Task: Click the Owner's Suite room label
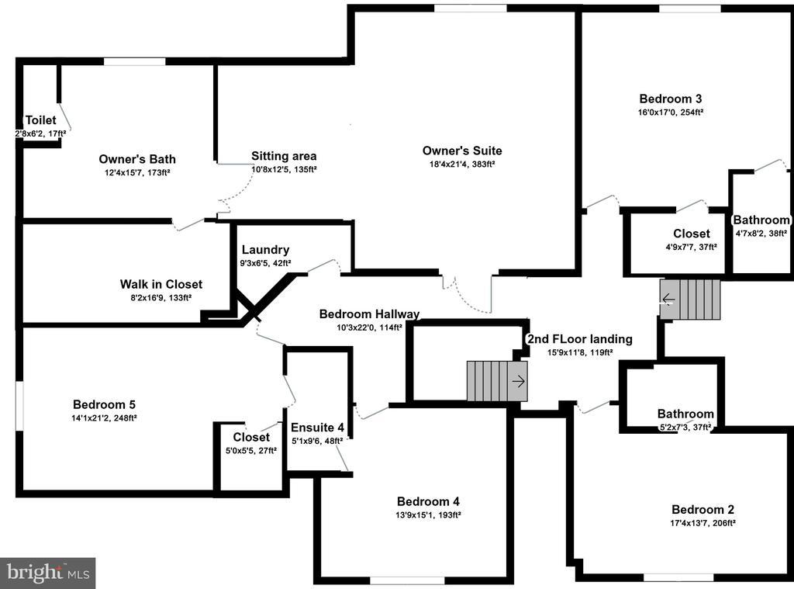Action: pos(462,151)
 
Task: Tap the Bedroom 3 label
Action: pos(671,99)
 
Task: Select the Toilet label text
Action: pos(40,120)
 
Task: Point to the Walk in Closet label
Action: pos(161,284)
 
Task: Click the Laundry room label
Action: pos(265,250)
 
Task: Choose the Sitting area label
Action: pos(284,156)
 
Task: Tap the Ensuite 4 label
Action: pos(317,428)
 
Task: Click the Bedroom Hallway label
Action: pos(369,314)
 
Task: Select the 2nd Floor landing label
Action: pos(579,339)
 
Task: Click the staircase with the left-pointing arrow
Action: pos(690,299)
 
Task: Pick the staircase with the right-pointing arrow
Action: pos(496,381)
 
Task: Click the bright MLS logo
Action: pos(47,573)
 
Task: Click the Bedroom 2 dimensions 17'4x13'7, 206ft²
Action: pos(703,523)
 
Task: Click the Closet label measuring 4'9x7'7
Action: pos(691,234)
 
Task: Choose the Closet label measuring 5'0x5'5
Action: pos(251,438)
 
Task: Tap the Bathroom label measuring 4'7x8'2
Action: pos(761,220)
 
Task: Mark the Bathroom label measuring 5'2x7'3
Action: pos(685,414)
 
